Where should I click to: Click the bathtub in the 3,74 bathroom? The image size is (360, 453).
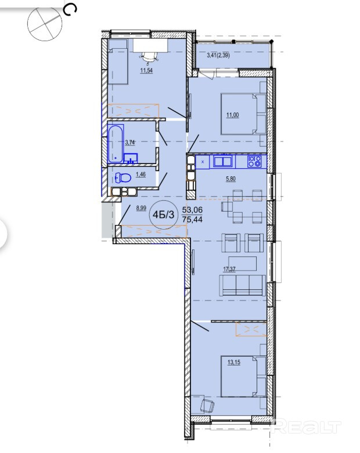116,144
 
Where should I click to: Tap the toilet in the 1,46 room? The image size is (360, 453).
123,177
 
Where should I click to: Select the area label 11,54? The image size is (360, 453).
146,70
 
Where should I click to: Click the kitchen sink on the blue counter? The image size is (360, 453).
222,161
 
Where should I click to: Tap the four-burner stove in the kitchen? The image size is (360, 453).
254,161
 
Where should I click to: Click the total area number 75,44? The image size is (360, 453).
192,219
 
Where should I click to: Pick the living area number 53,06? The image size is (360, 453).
192,209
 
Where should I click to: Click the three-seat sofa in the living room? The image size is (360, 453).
242,285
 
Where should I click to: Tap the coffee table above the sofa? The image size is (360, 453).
242,263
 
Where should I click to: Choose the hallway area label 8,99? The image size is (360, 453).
141,208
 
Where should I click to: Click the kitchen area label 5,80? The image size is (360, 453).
231,179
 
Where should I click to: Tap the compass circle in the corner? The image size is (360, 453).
45,24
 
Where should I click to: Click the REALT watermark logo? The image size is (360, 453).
306,427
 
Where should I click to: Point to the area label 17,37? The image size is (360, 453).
229,269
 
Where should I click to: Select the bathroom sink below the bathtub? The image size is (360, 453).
131,158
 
